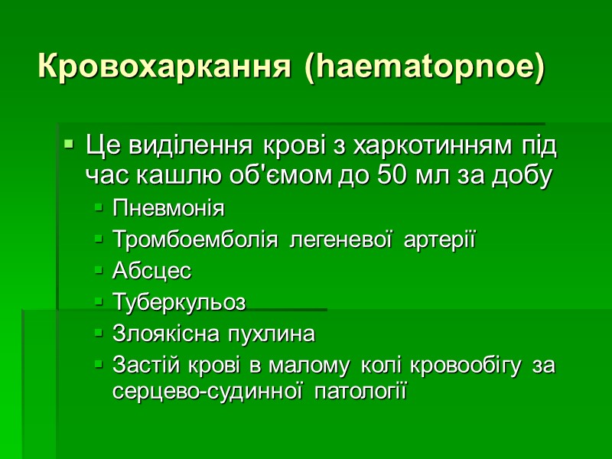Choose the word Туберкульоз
click(x=179, y=302)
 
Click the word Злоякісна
click(x=165, y=334)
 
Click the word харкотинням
click(x=433, y=145)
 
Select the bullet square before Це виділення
click(x=70, y=144)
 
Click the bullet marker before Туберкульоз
click(x=99, y=302)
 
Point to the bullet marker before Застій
click(x=99, y=366)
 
